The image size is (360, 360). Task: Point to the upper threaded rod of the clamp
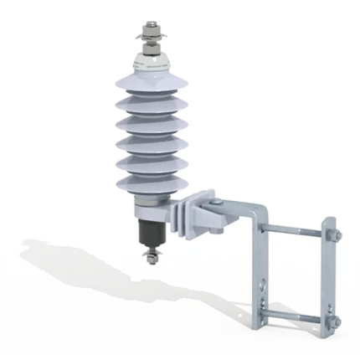(x=293, y=230)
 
